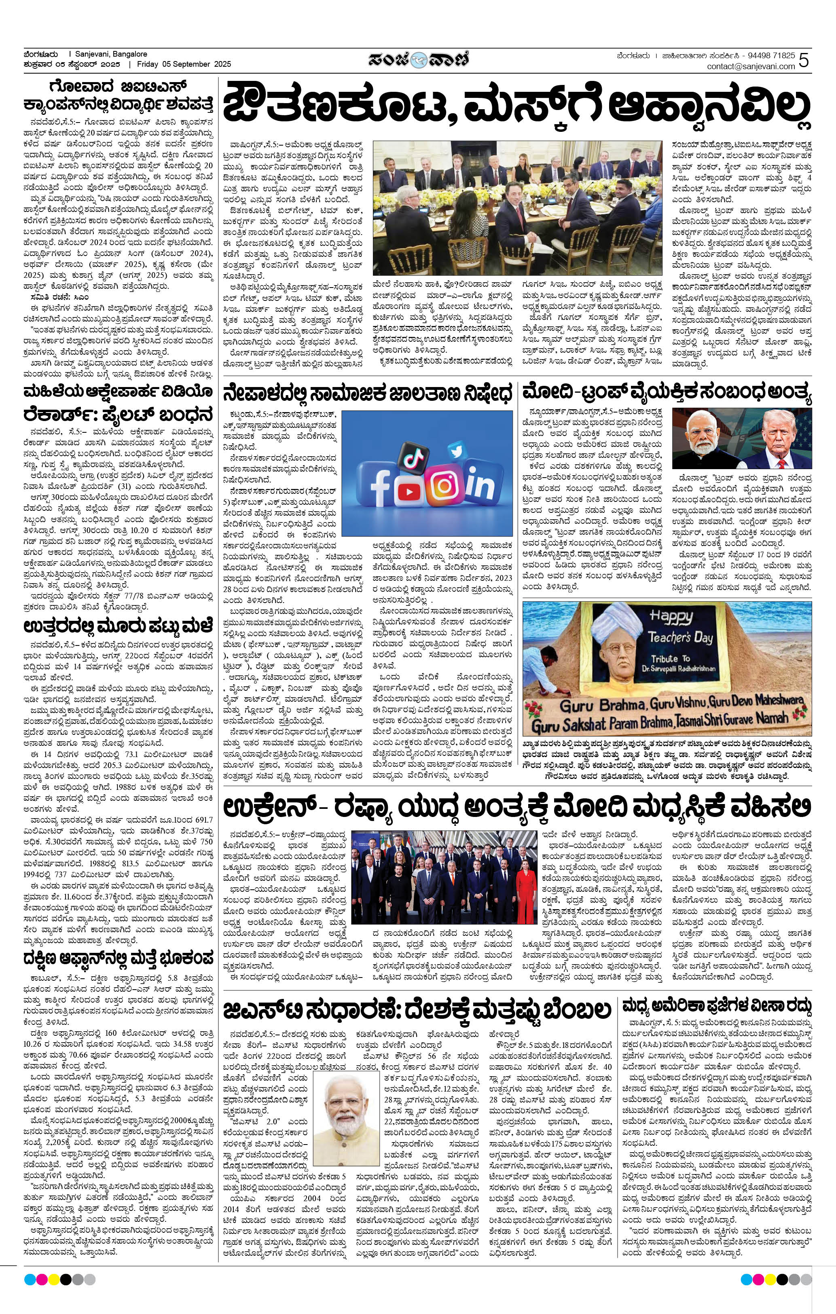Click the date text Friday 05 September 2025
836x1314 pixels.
[x=184, y=64]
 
